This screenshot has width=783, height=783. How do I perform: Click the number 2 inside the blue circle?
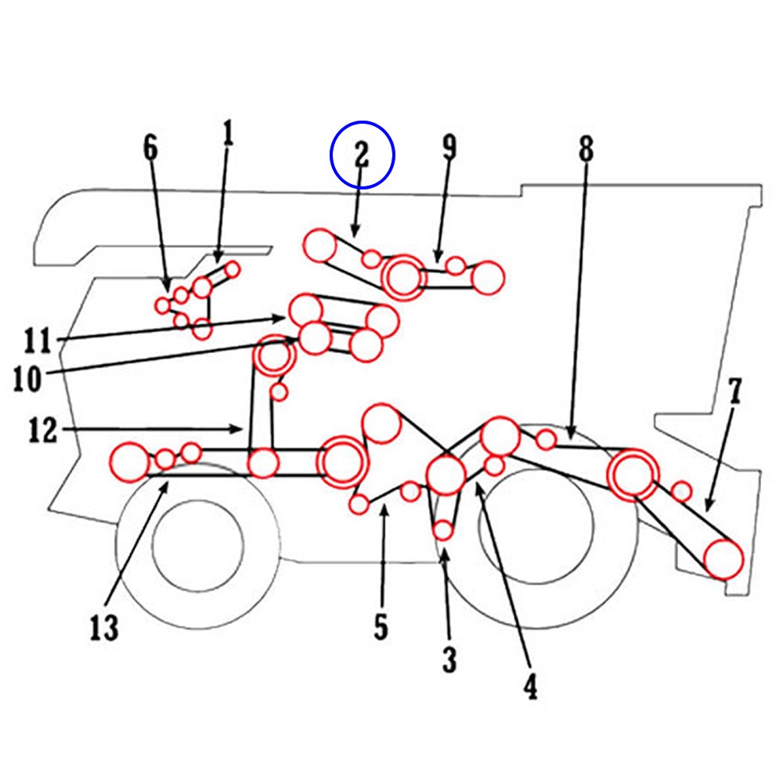(x=361, y=155)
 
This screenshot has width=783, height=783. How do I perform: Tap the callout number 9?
(x=449, y=147)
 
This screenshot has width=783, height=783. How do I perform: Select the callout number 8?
(x=586, y=149)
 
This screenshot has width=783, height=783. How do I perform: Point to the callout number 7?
(x=734, y=391)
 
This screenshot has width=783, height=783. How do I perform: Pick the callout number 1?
(x=228, y=135)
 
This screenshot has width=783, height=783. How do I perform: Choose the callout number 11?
(x=37, y=341)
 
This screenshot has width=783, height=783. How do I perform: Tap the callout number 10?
(x=28, y=379)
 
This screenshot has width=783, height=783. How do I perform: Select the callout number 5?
(x=381, y=627)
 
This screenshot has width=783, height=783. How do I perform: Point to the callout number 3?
(x=449, y=660)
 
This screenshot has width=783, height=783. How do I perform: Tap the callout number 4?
(x=530, y=686)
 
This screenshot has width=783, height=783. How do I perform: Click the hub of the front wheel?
(x=197, y=541)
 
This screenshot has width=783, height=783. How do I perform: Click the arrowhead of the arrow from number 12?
(x=240, y=428)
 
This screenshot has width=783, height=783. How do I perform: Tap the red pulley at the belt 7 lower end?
(x=723, y=559)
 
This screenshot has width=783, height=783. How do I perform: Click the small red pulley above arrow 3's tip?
(x=443, y=530)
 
